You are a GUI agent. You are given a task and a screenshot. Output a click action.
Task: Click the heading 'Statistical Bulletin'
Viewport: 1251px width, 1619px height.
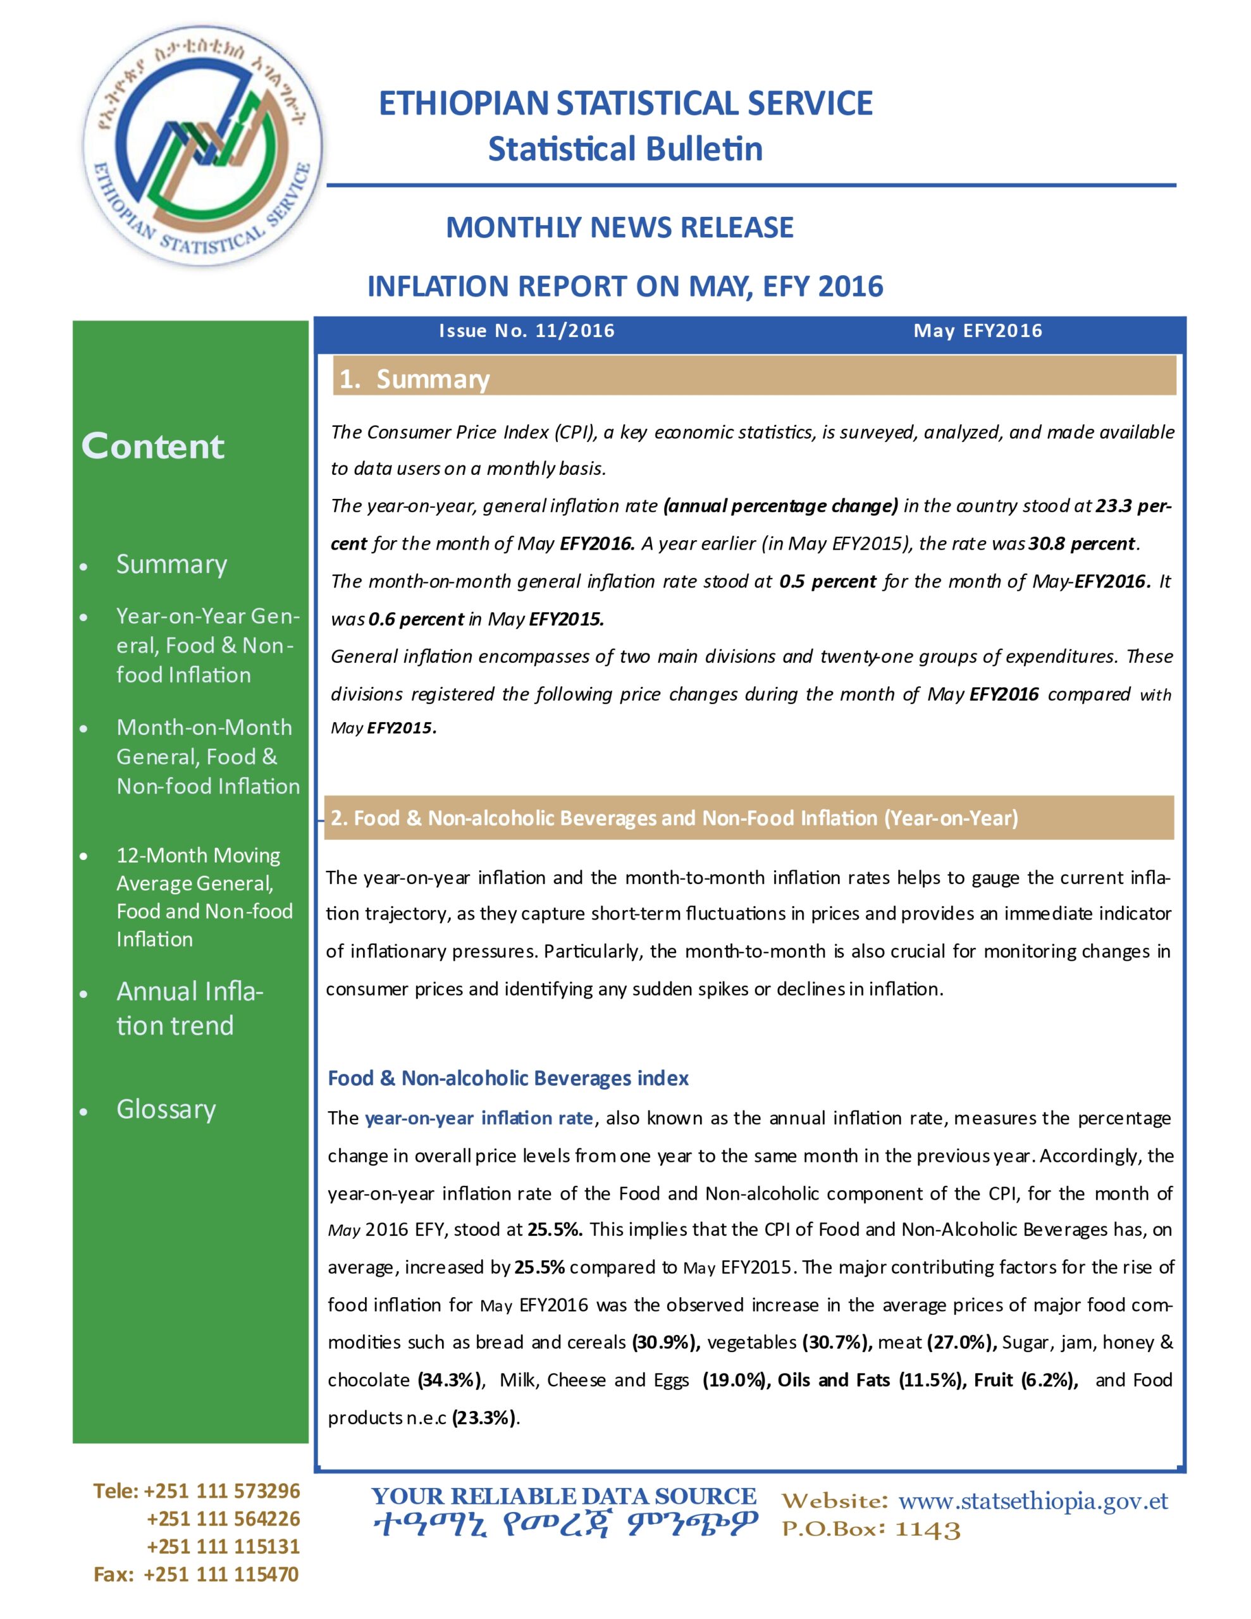tap(624, 149)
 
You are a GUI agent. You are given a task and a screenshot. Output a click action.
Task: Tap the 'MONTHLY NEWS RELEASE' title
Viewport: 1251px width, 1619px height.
tap(619, 227)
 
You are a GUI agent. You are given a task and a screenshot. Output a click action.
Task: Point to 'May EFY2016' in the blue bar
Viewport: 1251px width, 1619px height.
tap(977, 331)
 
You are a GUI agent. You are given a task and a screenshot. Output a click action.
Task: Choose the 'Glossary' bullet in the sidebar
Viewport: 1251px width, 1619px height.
tap(166, 1109)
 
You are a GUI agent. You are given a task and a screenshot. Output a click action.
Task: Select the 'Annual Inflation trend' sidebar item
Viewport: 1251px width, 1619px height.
tap(189, 1008)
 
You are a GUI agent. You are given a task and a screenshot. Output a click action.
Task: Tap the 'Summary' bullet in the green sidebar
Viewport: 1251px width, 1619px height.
tap(171, 564)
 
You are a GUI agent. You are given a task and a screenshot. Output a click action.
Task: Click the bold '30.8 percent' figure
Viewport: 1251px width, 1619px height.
tap(1081, 543)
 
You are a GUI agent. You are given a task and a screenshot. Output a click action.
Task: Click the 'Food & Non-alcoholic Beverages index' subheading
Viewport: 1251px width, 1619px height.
tap(508, 1078)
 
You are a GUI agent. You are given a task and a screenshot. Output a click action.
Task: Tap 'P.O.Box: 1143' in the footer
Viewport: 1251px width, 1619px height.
tap(871, 1529)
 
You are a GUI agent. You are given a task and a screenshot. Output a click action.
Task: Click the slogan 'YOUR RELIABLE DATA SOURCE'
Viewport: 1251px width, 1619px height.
tap(564, 1497)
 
